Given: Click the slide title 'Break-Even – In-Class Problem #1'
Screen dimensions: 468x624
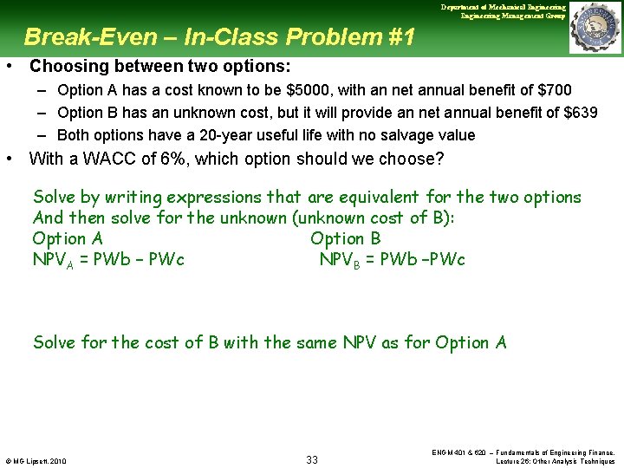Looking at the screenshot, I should tap(219, 37).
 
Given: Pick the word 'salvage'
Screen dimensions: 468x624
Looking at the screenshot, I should tap(405, 135).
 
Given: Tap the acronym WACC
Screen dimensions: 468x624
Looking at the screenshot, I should tap(101, 159).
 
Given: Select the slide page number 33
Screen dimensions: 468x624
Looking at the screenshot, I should tap(312, 459).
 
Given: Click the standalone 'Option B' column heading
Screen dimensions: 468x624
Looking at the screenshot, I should tap(345, 238).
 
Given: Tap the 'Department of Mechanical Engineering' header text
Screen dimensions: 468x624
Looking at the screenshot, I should tap(503, 7).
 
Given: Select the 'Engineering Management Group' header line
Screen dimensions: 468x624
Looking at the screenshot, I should tap(513, 16).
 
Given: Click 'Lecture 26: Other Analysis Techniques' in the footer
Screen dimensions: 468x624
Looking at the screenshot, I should tap(556, 461).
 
